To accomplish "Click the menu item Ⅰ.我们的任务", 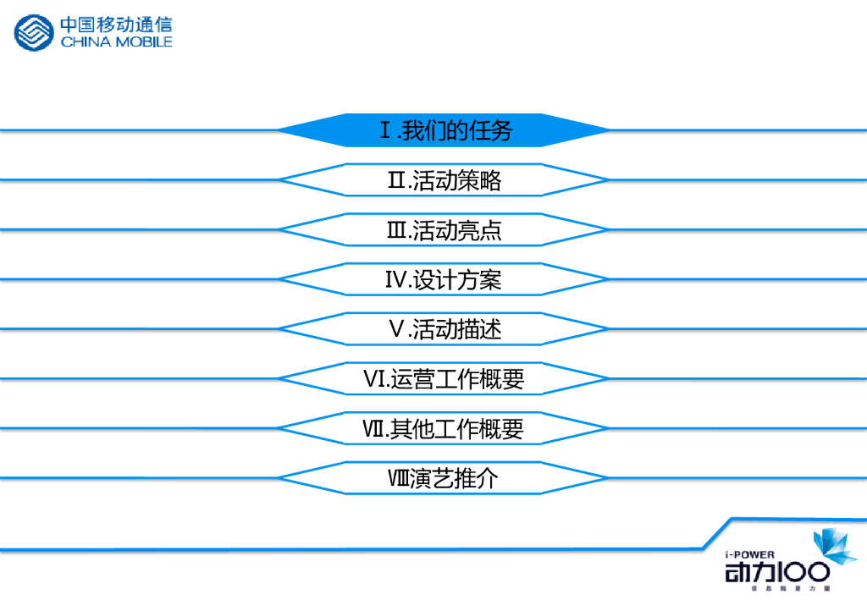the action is tap(445, 130).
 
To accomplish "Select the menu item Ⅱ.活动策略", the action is tap(445, 180).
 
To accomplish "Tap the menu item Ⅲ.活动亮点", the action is tap(445, 230).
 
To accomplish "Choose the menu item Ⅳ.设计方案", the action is tap(445, 280).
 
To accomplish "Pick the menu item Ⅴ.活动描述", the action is tap(445, 329).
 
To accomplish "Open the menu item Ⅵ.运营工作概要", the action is tap(445, 379).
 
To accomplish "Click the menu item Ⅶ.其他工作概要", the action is tap(445, 429).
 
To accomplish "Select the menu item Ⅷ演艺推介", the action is tap(445, 479).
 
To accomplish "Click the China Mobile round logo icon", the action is tap(33, 33).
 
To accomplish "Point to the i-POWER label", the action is tap(750, 555).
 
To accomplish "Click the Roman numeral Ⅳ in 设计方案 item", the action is tap(396, 280).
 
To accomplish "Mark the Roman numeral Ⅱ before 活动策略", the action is tap(397, 180).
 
